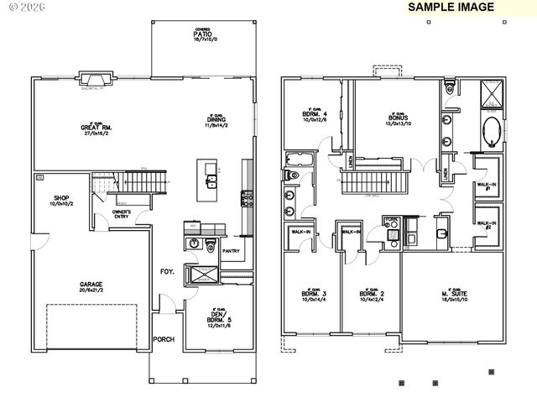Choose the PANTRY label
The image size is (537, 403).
coord(231,249)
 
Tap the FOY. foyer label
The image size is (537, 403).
coord(167,271)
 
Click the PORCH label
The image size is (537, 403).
coord(163,340)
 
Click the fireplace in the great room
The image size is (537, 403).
coord(92,81)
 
